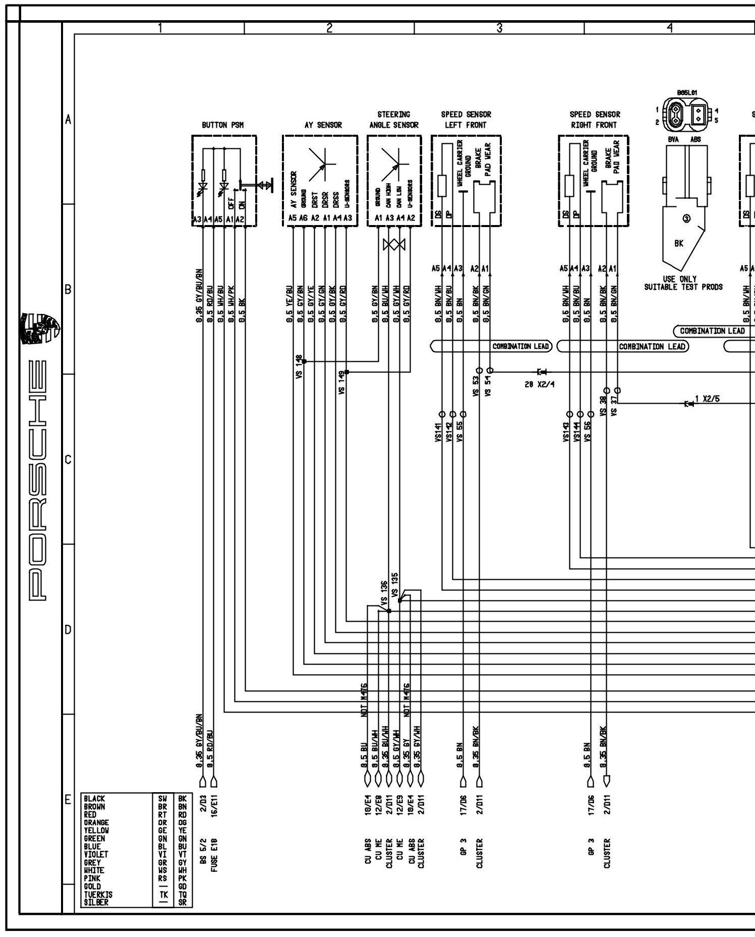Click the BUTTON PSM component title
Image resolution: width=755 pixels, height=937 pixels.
222,125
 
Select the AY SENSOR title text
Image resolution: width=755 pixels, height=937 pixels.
323,125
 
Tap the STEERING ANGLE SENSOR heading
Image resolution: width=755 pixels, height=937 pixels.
393,120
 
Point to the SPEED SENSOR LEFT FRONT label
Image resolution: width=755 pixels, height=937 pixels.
466,120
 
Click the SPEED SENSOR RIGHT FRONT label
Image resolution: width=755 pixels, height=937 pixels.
594,120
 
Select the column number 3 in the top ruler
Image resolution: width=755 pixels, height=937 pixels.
499,28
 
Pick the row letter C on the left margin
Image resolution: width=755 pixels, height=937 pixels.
68,460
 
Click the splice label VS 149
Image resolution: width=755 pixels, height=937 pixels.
341,382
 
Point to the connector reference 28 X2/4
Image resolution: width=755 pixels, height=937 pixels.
539,384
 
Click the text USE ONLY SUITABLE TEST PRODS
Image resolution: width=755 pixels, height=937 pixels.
683,283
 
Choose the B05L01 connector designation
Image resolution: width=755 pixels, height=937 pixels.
687,93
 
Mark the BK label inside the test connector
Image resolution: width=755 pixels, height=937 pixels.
679,243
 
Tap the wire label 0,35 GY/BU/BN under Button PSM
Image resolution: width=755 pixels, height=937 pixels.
199,297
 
